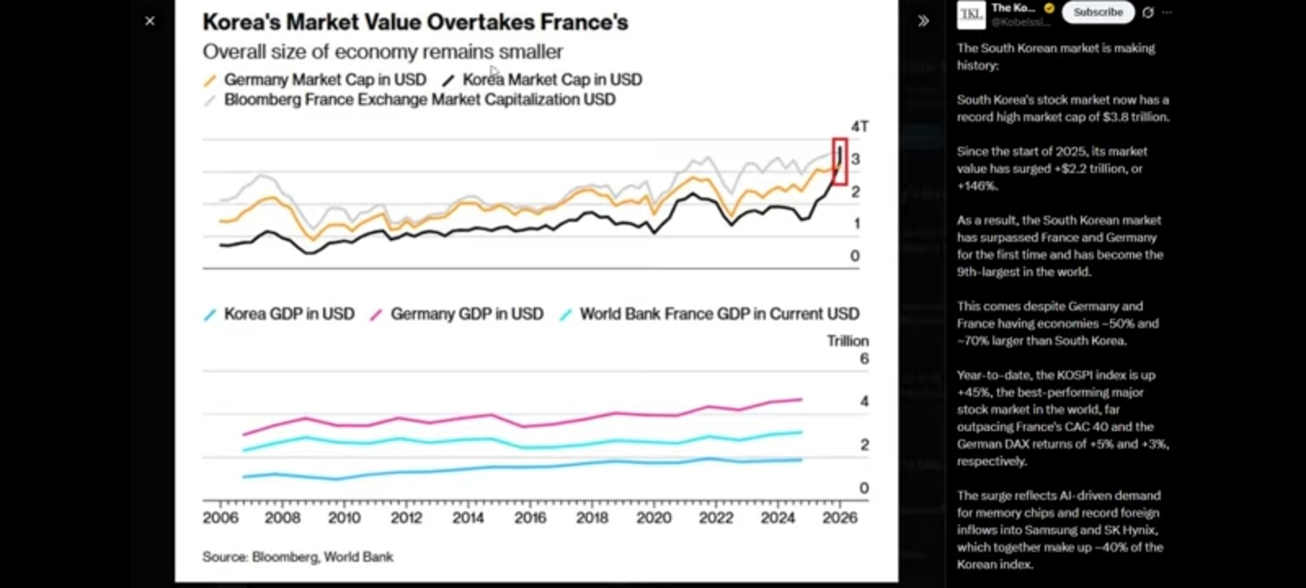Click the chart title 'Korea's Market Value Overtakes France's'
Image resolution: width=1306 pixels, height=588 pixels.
pyautogui.click(x=415, y=22)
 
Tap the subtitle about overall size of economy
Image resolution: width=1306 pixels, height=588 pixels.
pyautogui.click(x=382, y=51)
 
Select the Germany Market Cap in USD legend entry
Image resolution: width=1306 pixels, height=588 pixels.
pyautogui.click(x=324, y=79)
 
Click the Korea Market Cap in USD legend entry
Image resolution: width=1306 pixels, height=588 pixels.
pyautogui.click(x=552, y=79)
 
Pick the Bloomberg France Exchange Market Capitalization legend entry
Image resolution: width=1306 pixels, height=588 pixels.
pyautogui.click(x=419, y=100)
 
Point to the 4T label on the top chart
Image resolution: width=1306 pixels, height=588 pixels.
pyautogui.click(x=860, y=127)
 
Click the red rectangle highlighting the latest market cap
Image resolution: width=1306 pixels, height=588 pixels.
pyautogui.click(x=840, y=161)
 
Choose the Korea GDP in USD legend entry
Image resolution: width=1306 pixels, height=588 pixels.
pyautogui.click(x=288, y=314)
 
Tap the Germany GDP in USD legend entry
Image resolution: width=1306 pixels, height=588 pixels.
pyautogui.click(x=466, y=314)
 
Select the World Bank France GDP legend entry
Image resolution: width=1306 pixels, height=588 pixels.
pyautogui.click(x=718, y=314)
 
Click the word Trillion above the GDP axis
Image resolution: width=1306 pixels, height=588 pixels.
pyautogui.click(x=847, y=341)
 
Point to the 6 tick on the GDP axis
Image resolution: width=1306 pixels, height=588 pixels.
pyautogui.click(x=864, y=359)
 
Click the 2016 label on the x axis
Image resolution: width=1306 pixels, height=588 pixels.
pyautogui.click(x=530, y=518)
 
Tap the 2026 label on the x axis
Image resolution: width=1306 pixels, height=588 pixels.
pyautogui.click(x=840, y=518)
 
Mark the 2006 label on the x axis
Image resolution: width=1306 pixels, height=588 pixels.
pyautogui.click(x=220, y=518)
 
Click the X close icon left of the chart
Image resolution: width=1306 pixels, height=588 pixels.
pyautogui.click(x=149, y=21)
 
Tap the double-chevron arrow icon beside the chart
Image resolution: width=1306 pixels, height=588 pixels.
pyautogui.click(x=923, y=21)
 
